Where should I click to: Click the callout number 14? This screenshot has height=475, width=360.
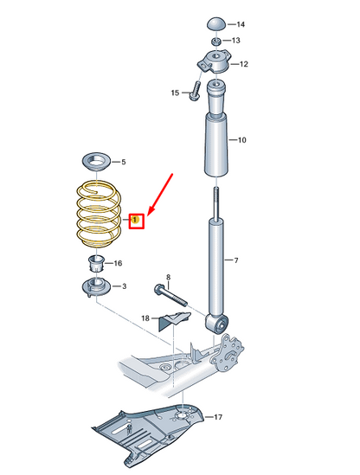[241, 24]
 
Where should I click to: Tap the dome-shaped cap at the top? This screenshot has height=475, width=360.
[216, 24]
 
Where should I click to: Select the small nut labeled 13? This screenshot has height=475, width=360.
[216, 41]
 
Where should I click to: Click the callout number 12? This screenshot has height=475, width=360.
[244, 64]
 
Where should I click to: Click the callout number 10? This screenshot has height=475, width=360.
[241, 140]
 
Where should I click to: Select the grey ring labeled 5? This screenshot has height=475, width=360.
[97, 162]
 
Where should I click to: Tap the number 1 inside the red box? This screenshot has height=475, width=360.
[136, 219]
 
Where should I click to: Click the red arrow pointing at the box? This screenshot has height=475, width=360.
[160, 194]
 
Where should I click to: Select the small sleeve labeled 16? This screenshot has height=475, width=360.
[96, 264]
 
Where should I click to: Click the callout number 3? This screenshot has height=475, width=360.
[124, 286]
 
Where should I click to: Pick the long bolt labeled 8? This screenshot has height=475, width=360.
[170, 294]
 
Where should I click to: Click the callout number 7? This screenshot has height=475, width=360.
[236, 260]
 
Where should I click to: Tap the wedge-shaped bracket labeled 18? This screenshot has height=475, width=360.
[175, 321]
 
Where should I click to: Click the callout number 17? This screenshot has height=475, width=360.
[218, 417]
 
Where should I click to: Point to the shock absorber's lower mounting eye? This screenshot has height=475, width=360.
[216, 324]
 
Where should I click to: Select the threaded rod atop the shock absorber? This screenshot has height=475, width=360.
[216, 202]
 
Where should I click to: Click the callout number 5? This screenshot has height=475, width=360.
[124, 162]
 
